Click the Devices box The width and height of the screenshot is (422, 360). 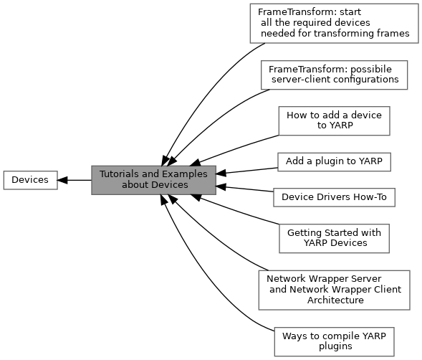pyautogui.click(x=30, y=180)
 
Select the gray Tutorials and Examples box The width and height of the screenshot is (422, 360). pyautogui.click(x=153, y=180)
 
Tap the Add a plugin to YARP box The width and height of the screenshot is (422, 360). pyautogui.click(x=334, y=162)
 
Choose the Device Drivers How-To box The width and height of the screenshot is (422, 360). pyautogui.click(x=335, y=197)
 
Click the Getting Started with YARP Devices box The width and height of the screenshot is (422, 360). pyautogui.click(x=335, y=239)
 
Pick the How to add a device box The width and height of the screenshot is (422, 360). pyautogui.click(x=335, y=120)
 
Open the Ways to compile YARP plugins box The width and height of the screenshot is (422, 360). pyautogui.click(x=335, y=341)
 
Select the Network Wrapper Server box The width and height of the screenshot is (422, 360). pyautogui.click(x=335, y=290)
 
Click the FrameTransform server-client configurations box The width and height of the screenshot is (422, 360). pyautogui.click(x=335, y=75)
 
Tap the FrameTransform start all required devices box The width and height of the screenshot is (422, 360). pyautogui.click(x=335, y=24)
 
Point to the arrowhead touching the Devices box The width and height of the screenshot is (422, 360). pyautogui.click(x=62, y=180)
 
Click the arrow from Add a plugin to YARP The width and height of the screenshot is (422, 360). pyautogui.click(x=246, y=171)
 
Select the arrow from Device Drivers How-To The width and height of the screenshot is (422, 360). pyautogui.click(x=244, y=189)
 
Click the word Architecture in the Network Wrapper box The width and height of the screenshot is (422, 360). pyautogui.click(x=335, y=300)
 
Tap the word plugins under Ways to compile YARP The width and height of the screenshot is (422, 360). pyautogui.click(x=335, y=346)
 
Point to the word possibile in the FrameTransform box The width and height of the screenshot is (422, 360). pyautogui.click(x=371, y=70)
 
